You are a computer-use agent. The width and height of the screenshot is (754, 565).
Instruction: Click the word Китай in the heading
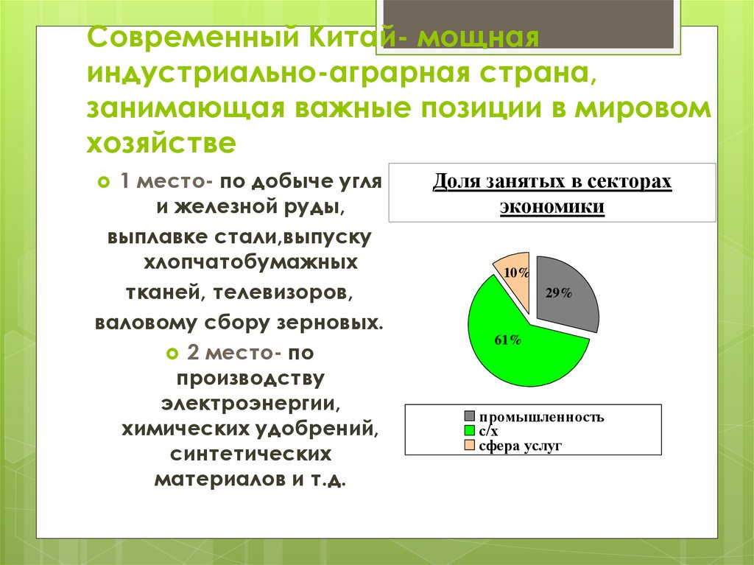(346, 38)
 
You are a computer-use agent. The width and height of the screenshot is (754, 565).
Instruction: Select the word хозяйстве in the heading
(162, 142)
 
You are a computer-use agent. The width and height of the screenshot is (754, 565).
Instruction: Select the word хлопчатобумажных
(250, 262)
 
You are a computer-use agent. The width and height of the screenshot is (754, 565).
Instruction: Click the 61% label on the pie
(507, 340)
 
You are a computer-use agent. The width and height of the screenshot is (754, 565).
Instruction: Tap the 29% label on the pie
(559, 292)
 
